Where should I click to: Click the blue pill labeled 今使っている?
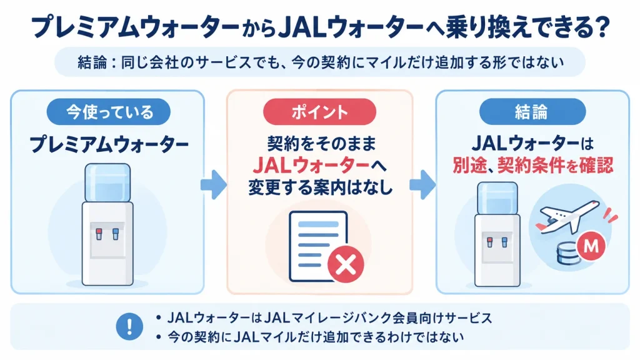tap(108, 112)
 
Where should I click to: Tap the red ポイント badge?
tap(319, 112)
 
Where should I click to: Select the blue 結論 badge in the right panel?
tap(532, 112)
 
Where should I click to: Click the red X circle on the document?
tap(346, 264)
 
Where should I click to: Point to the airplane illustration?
tap(567, 217)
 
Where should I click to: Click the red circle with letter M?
tap(591, 246)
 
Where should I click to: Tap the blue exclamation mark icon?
tap(129, 326)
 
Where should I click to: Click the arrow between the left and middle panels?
tap(214, 184)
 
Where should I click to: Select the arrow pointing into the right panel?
tap(422, 184)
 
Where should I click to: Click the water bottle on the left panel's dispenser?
tap(107, 183)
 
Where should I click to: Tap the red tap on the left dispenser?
tap(99, 234)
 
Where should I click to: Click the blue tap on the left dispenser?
tap(116, 234)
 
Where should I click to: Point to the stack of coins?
tap(569, 254)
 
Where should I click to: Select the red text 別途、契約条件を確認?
tap(532, 165)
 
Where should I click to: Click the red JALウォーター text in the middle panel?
tap(311, 165)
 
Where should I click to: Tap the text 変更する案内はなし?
tap(320, 187)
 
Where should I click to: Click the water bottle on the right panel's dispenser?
tap(497, 198)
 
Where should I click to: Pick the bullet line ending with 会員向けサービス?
tap(325, 318)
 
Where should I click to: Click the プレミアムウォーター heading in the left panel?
tap(108, 144)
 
